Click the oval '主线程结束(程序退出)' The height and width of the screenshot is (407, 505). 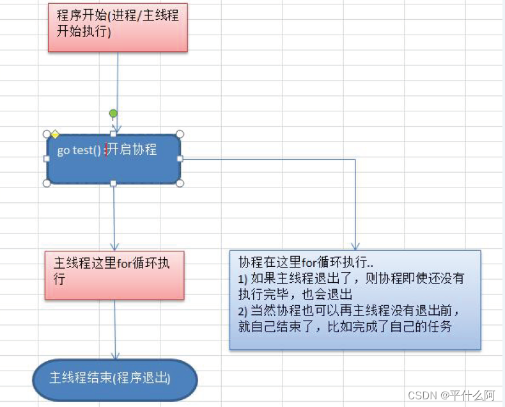pyautogui.click(x=115, y=379)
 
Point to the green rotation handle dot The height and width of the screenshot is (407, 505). pyautogui.click(x=113, y=113)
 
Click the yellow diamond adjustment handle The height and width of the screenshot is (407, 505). pyautogui.click(x=55, y=134)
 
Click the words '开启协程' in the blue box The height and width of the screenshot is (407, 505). pyautogui.click(x=132, y=150)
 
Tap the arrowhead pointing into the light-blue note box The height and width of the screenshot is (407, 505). pyautogui.click(x=355, y=247)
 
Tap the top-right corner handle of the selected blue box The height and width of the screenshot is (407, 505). pyautogui.click(x=180, y=134)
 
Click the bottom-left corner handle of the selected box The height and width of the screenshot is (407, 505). pyautogui.click(x=47, y=184)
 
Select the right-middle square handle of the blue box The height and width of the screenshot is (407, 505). pyautogui.click(x=180, y=159)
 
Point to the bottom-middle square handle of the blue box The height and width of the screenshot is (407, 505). pyautogui.click(x=113, y=184)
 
